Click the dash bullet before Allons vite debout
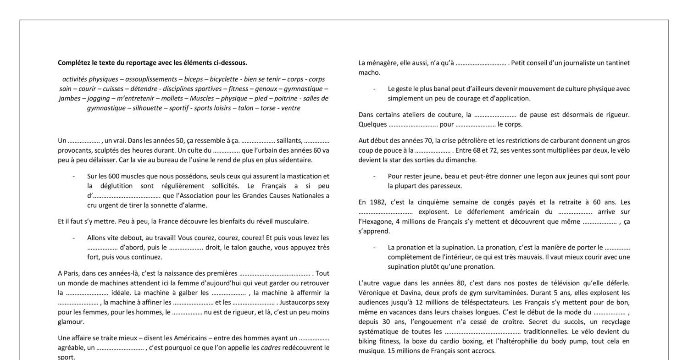click(74, 238)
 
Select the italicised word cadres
click(271, 348)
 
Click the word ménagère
click(382, 63)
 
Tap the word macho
click(368, 72)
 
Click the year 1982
click(376, 202)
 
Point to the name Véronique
click(373, 293)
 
